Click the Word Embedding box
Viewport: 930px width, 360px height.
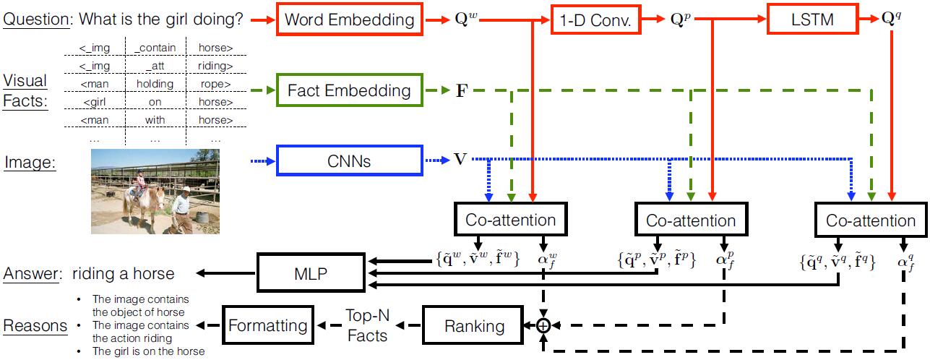click(x=350, y=20)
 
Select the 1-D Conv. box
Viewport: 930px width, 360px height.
click(x=596, y=20)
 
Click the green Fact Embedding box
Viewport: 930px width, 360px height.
click(x=349, y=91)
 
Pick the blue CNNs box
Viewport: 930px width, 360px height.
click(x=349, y=160)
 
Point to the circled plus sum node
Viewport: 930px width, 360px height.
click(x=543, y=326)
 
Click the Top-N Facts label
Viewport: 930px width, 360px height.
click(x=369, y=326)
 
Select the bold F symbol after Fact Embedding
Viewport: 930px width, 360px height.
click(x=458, y=92)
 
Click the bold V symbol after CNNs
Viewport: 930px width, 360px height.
click(x=460, y=160)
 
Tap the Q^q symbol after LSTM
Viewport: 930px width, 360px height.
click(x=892, y=20)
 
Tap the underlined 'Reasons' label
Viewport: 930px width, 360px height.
click(x=35, y=326)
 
